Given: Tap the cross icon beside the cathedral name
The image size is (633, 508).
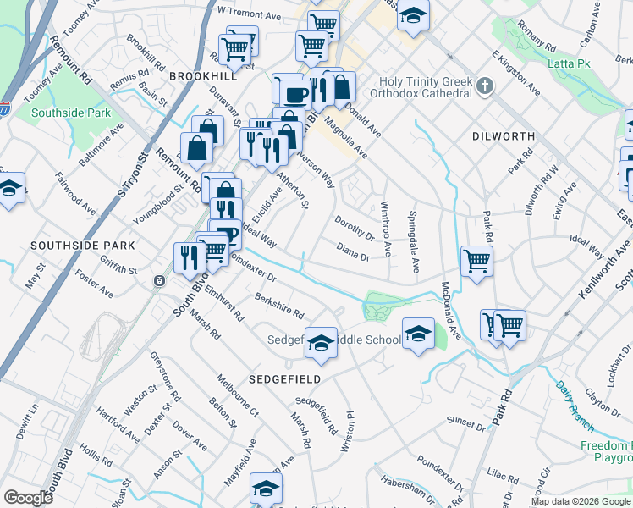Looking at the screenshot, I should [484, 85].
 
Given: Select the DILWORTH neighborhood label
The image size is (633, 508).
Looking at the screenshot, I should [503, 135].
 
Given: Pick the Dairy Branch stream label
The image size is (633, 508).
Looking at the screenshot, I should [576, 400].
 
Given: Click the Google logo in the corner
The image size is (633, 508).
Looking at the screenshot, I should [28, 498].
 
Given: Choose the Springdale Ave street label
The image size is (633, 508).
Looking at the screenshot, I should [414, 241].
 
